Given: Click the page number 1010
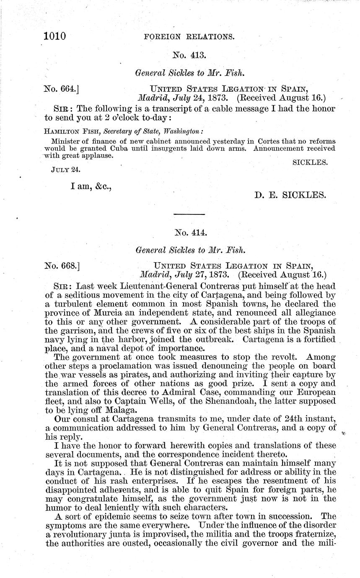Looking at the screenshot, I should tap(55, 36).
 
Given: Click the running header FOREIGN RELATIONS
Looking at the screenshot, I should tap(189, 37).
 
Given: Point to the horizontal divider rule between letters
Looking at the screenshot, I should tap(189, 214).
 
